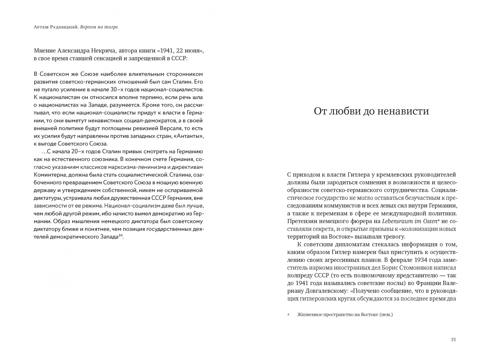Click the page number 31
453,340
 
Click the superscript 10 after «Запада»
121,236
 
